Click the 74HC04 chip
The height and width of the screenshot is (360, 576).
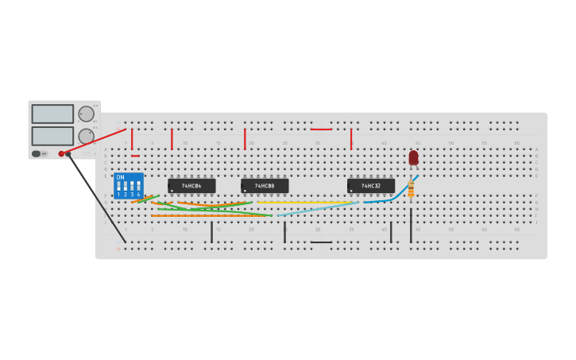191,186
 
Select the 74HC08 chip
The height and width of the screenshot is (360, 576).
265,186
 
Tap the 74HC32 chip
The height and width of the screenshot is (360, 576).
371,186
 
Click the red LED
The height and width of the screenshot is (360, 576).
413,157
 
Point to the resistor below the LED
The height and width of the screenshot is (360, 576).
411,189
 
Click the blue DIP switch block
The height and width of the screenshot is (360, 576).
129,186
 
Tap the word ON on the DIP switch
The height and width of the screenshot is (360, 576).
121,177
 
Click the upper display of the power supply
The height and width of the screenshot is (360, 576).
52,114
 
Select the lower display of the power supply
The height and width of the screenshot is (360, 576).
52,136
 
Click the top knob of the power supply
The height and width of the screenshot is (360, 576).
86,114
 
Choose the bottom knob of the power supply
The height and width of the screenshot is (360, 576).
86,136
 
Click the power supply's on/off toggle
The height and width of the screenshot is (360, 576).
37,153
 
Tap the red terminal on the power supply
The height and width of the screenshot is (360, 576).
61,153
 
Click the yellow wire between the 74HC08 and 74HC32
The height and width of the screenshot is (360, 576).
306,203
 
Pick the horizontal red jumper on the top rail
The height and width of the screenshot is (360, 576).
322,129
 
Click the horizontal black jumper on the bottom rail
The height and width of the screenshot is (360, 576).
322,242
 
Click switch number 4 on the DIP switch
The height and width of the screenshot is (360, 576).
138,188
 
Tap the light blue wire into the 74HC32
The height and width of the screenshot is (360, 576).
318,209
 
